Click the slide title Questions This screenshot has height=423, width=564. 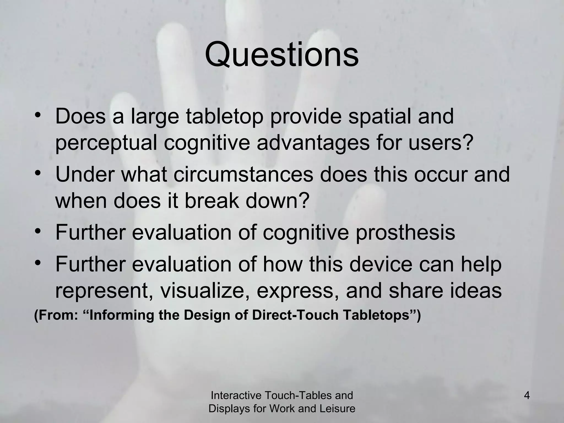point(282,55)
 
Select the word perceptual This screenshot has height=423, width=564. point(106,143)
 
